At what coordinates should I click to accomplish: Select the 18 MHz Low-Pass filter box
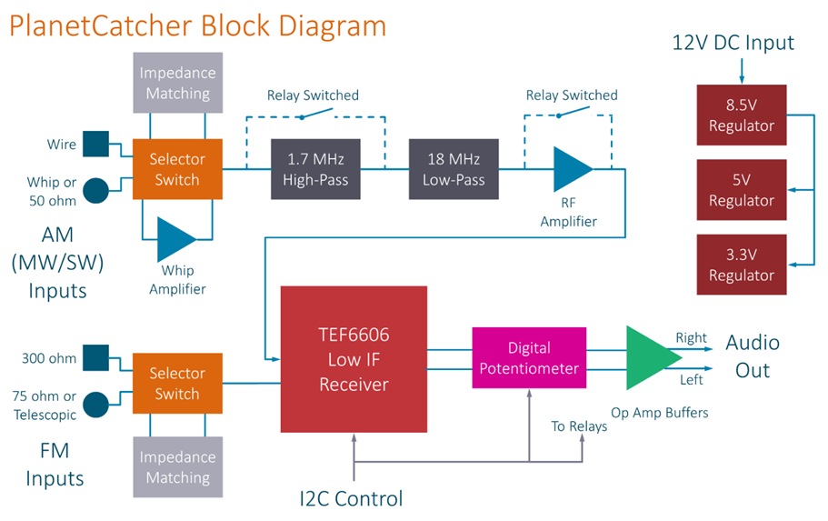click(454, 169)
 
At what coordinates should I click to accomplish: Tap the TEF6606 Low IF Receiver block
click(354, 359)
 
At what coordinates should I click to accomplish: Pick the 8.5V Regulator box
click(741, 115)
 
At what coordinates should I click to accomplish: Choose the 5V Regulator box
click(741, 189)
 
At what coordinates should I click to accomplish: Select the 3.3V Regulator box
click(741, 264)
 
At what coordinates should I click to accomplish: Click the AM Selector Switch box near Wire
click(177, 169)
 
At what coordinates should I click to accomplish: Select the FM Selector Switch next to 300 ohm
click(177, 383)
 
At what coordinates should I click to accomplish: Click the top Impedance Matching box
click(177, 83)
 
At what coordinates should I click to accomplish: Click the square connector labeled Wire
click(95, 144)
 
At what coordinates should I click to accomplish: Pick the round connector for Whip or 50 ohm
click(95, 190)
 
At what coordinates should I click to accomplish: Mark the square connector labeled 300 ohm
click(95, 358)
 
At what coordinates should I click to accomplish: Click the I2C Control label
click(351, 498)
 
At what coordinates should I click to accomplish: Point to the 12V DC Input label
click(733, 42)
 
